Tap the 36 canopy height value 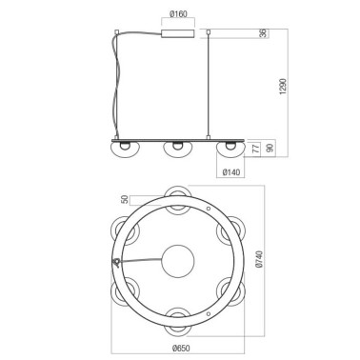pos(263,33)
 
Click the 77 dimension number pos(255,149)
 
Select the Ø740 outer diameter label pos(258,258)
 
